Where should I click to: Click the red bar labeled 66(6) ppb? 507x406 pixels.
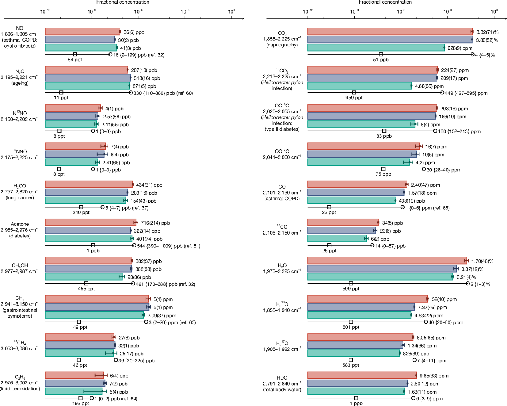pos(82,32)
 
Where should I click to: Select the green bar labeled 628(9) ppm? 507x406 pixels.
pos(376,48)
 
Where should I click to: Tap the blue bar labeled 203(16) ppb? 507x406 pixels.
pos(86,193)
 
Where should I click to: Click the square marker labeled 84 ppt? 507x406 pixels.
pos(75,54)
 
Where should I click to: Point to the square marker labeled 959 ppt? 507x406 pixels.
pos(354,92)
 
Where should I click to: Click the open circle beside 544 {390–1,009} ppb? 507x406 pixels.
pos(134,245)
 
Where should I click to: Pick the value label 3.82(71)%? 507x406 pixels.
pos(487,32)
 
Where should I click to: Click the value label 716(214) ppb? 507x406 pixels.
pos(155,223)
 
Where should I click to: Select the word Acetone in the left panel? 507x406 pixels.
pos(20,224)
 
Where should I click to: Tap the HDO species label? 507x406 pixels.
pos(282,378)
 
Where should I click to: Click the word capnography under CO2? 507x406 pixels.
pos(282,45)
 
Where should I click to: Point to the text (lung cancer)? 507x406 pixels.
pos(20,198)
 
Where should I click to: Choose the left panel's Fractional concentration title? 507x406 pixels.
pos(123,2)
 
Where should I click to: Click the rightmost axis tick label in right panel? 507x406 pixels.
pos(494,11)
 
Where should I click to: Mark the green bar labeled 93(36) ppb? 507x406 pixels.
pos(84,277)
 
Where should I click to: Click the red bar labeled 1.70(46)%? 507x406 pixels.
pos(387,261)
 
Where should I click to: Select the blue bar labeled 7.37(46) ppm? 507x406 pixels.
pos(361,307)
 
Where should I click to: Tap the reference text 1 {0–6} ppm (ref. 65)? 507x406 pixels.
pos(427,208)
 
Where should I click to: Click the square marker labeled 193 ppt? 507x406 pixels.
pos(80,398)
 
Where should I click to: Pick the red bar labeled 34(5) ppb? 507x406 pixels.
pos(343,223)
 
